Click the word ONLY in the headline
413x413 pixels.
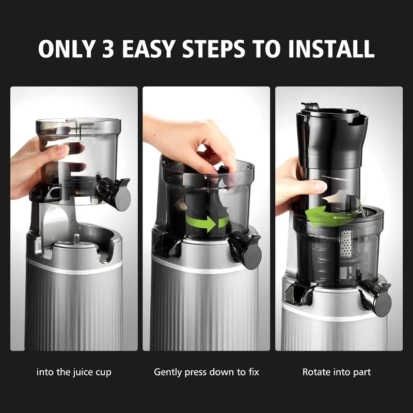[x=67, y=49]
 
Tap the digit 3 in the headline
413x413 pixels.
[x=108, y=49]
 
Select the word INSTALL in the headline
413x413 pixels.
[x=331, y=49]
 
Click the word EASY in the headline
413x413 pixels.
[x=148, y=49]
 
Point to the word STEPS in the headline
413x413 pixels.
[x=214, y=49]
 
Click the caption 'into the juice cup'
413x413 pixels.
[x=74, y=372]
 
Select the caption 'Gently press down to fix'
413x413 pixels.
[x=206, y=372]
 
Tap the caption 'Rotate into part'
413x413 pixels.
[x=337, y=372]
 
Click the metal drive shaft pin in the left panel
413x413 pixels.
[x=76, y=239]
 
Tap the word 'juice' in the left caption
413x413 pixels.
[x=82, y=372]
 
